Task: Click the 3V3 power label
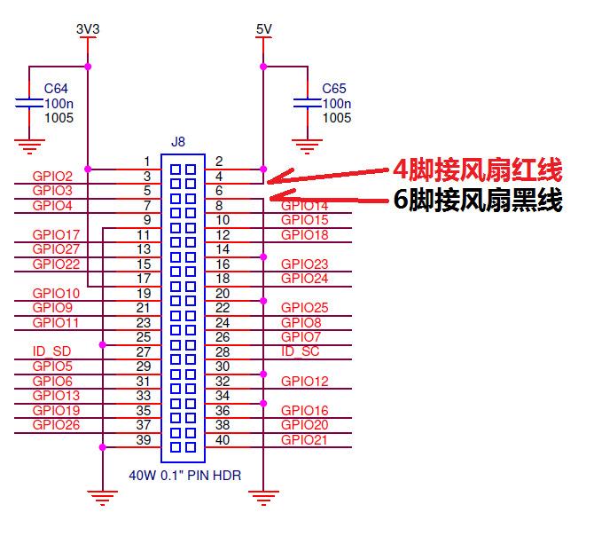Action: (88, 29)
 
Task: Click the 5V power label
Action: (263, 29)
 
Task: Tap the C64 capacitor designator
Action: (56, 90)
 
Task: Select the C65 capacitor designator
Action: (334, 90)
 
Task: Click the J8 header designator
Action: (178, 142)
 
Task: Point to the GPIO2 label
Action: (52, 177)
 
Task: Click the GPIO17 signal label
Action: (56, 235)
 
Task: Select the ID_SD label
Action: (51, 351)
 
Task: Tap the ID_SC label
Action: (300, 351)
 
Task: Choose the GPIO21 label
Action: (304, 439)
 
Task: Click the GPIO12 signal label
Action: (304, 382)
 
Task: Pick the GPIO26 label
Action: (56, 425)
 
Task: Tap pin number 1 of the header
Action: (146, 162)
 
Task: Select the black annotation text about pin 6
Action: (478, 200)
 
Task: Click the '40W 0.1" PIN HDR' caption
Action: (184, 476)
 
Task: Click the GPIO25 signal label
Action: (304, 308)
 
